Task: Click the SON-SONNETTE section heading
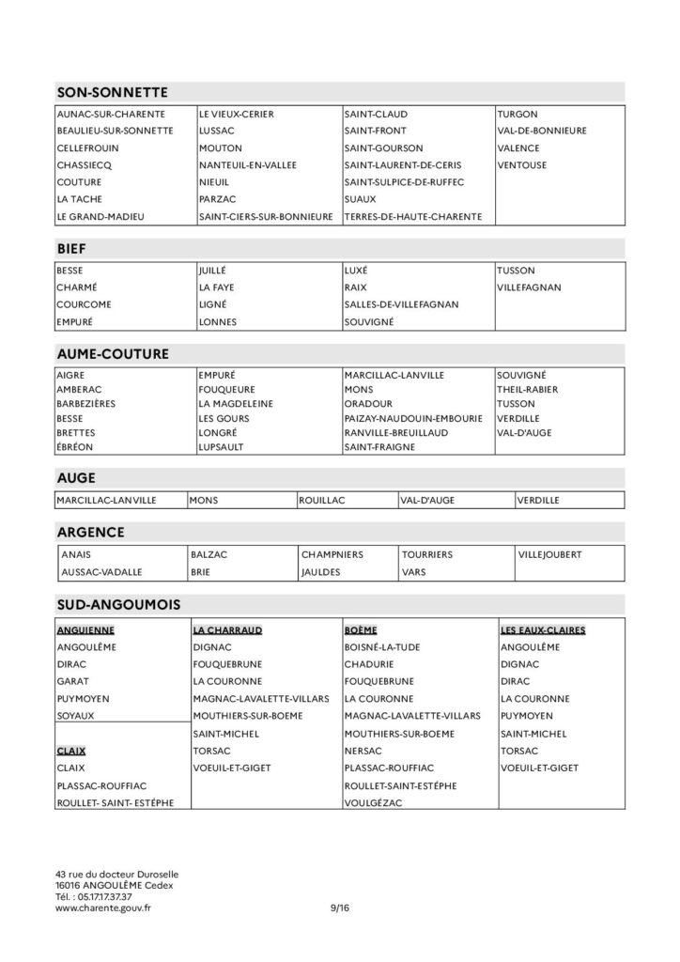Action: point(112,92)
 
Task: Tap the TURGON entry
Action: point(518,114)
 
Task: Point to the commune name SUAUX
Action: point(361,199)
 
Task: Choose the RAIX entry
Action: point(355,287)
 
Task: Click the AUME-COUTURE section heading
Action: point(113,354)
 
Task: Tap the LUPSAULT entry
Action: point(221,447)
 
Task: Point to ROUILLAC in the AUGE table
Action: point(321,501)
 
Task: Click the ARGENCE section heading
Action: point(90,532)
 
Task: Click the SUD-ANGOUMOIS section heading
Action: point(118,601)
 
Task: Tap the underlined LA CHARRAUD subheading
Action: point(226,630)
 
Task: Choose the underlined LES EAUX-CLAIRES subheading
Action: point(543,630)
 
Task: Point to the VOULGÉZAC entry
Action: point(375,801)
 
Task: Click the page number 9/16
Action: point(339,908)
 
